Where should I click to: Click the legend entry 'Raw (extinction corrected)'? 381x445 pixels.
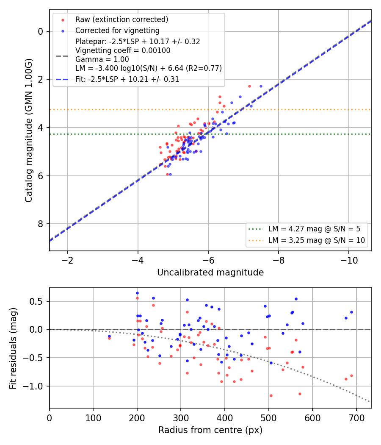(121, 19)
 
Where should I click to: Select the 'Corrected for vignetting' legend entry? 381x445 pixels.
(117, 31)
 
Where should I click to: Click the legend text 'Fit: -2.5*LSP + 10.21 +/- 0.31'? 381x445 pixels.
(127, 79)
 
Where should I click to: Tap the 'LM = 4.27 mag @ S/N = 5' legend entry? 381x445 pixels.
(315, 229)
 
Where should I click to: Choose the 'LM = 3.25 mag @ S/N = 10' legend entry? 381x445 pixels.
(317, 240)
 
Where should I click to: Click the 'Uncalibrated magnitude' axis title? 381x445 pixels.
(210, 273)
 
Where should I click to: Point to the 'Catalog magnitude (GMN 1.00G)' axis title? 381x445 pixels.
(28, 131)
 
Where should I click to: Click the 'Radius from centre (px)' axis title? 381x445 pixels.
(210, 430)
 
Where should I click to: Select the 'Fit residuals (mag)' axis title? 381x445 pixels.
(13, 348)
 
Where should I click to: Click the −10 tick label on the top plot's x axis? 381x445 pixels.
(348, 260)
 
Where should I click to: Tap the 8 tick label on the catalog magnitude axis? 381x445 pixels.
(41, 224)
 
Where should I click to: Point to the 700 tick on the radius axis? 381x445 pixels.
(356, 418)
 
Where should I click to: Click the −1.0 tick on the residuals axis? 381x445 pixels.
(33, 386)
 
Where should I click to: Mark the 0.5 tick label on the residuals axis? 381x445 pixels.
(37, 301)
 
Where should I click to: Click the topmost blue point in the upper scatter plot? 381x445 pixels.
(261, 86)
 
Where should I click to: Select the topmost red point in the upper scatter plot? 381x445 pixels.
(249, 86)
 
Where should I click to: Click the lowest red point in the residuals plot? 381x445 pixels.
(271, 395)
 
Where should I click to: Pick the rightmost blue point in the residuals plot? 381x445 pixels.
(351, 312)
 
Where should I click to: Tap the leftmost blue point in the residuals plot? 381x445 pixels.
(109, 337)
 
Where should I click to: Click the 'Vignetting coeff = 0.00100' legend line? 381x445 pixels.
(123, 50)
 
